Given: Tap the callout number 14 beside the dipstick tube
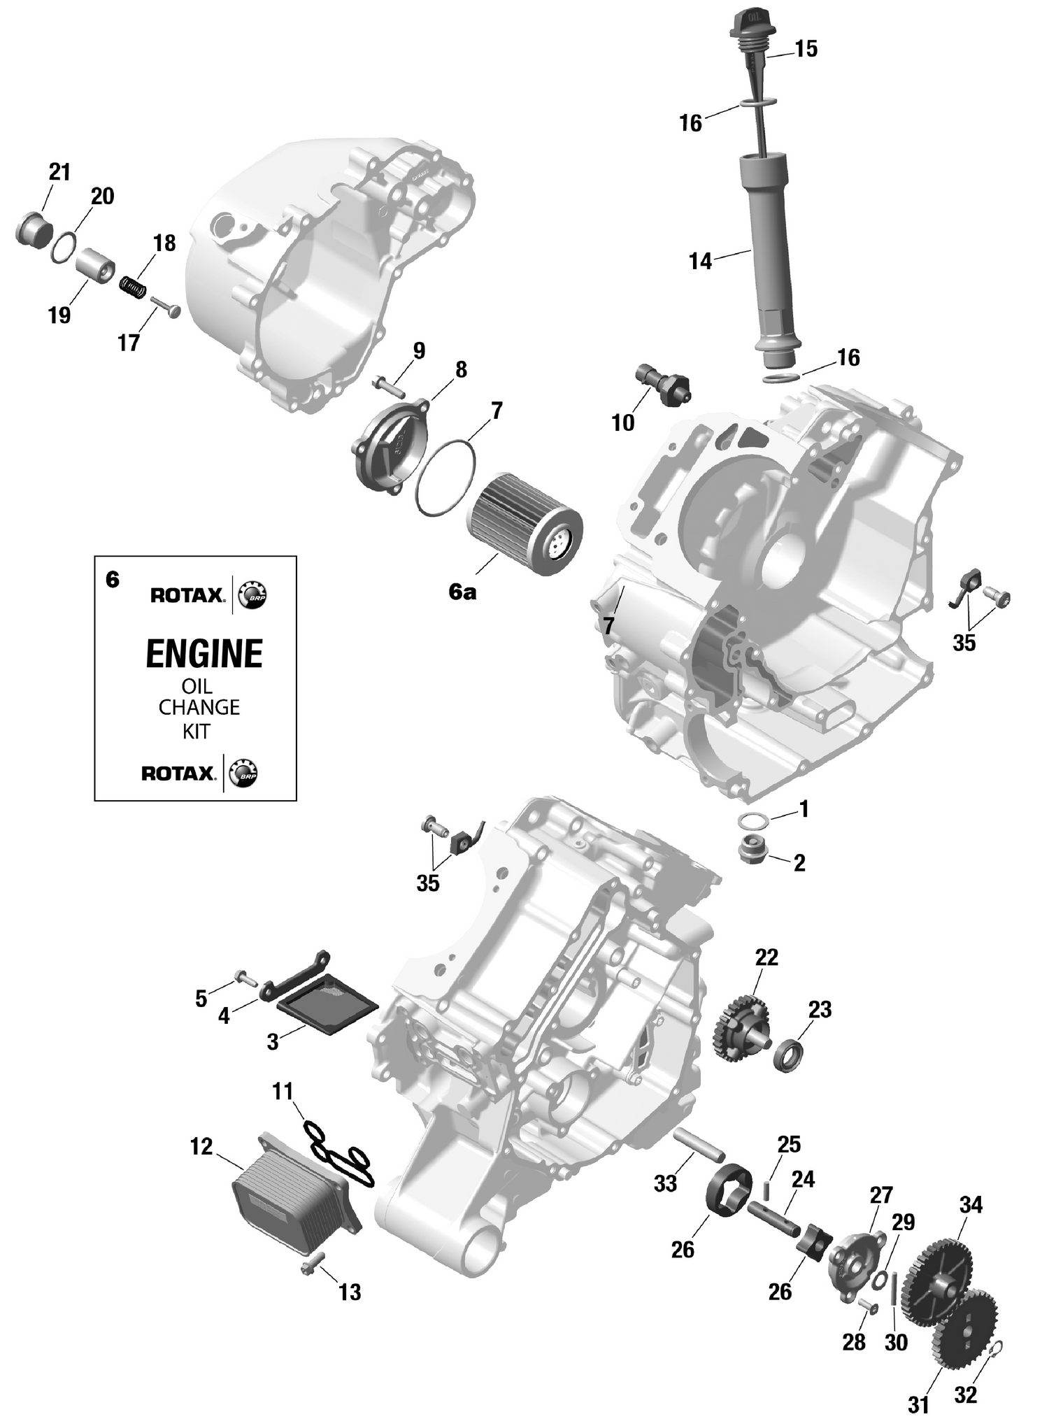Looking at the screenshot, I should pyautogui.click(x=700, y=262).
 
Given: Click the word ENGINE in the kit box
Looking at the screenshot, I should pyautogui.click(x=204, y=654).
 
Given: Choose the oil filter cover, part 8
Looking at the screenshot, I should pyautogui.click(x=389, y=441).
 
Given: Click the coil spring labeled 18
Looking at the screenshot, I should pyautogui.click(x=134, y=286).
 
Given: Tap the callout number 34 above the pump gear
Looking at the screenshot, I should pyautogui.click(x=971, y=1205).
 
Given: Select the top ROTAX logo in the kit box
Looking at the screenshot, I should pyautogui.click(x=187, y=595).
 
